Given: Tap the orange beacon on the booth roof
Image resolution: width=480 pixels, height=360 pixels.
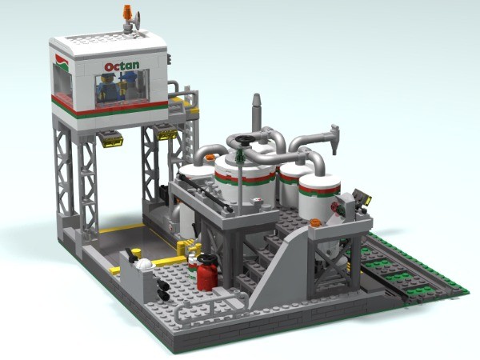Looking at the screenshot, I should click(x=128, y=13).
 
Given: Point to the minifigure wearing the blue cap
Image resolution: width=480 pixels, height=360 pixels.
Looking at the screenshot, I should click(x=103, y=85).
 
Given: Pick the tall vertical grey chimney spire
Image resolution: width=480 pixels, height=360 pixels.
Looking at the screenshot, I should click(x=256, y=112).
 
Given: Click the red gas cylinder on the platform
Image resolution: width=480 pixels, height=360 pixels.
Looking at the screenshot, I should click(x=207, y=274).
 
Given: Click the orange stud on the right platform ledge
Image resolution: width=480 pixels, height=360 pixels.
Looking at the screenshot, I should click(x=315, y=222).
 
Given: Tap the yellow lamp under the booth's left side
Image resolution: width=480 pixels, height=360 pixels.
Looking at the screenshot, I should click(x=112, y=139).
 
